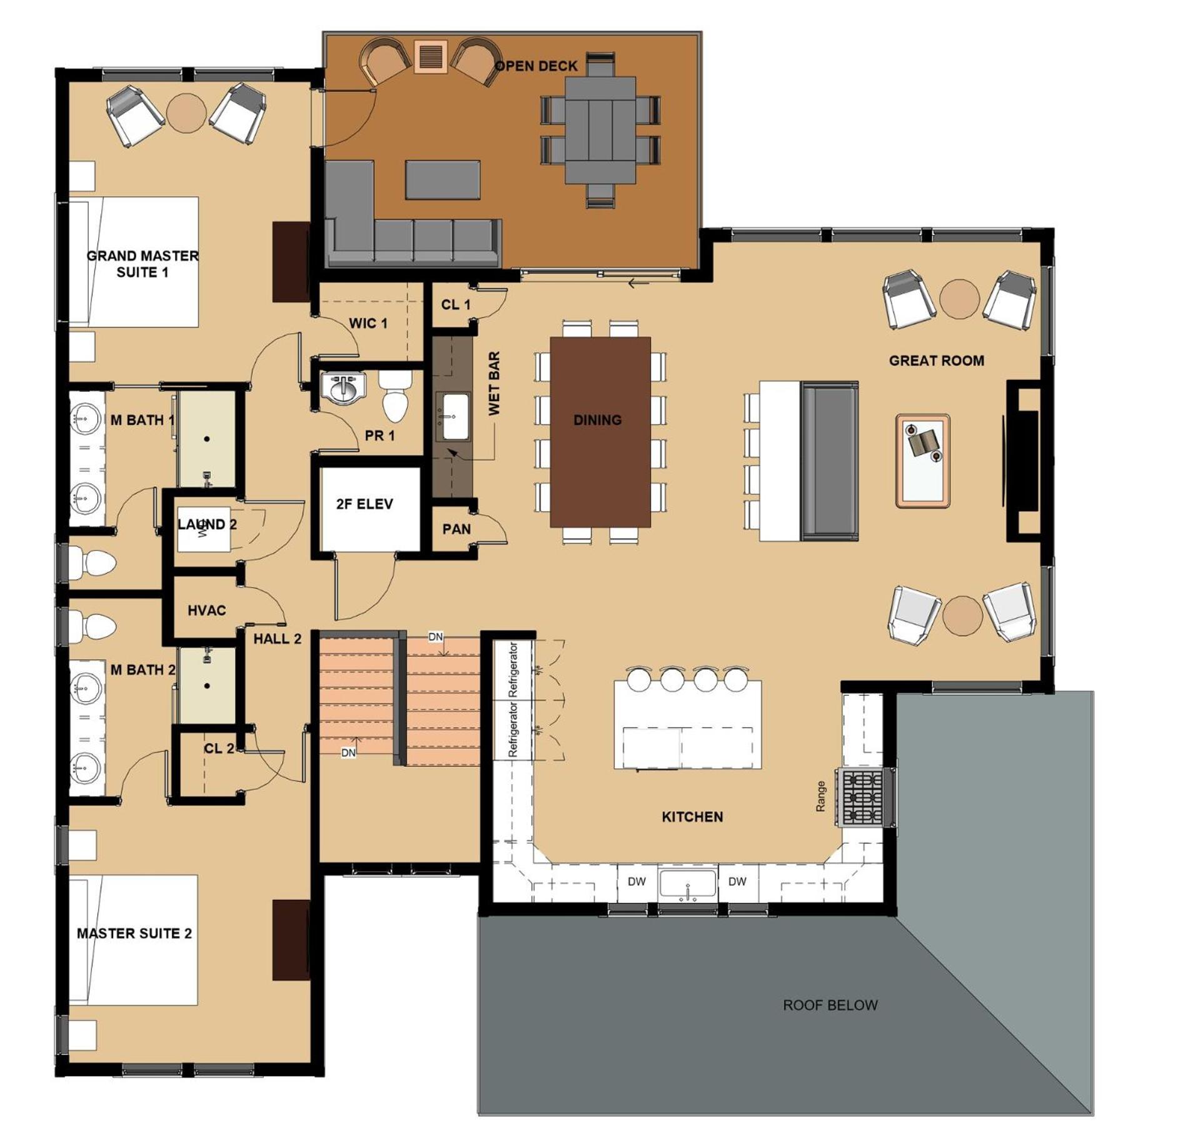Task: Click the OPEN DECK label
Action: [536, 66]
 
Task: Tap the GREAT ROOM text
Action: [937, 361]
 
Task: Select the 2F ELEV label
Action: [365, 504]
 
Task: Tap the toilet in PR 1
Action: [395, 395]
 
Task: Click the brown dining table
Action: [600, 432]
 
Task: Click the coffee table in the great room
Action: [923, 460]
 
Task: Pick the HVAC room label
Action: [207, 610]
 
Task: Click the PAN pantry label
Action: [456, 529]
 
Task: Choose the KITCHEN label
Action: [692, 817]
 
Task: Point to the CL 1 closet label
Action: [456, 304]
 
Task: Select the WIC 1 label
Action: [368, 323]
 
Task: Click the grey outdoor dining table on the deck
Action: [600, 130]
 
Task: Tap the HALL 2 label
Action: [277, 639]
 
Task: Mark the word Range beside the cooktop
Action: [820, 796]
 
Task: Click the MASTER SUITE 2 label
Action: [134, 933]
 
